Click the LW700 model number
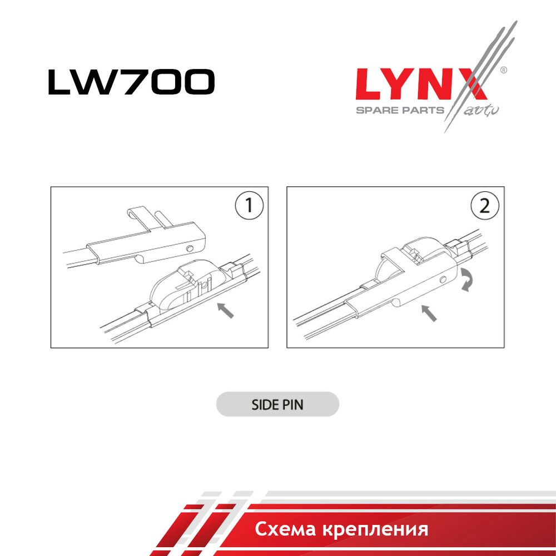pos(131,82)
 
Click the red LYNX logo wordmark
pos(421,84)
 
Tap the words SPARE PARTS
pos(400,110)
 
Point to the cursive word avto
pos(481,111)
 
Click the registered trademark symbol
pos(503,70)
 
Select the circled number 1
pos(249,206)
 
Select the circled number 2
pos(485,206)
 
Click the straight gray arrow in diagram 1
pos(225,310)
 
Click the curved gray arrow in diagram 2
pos(466,280)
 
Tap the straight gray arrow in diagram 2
pos(429,313)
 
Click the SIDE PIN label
pos(277,405)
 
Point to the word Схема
pos(285,529)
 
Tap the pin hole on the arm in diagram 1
pos(190,248)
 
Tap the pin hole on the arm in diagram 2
pos(443,280)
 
